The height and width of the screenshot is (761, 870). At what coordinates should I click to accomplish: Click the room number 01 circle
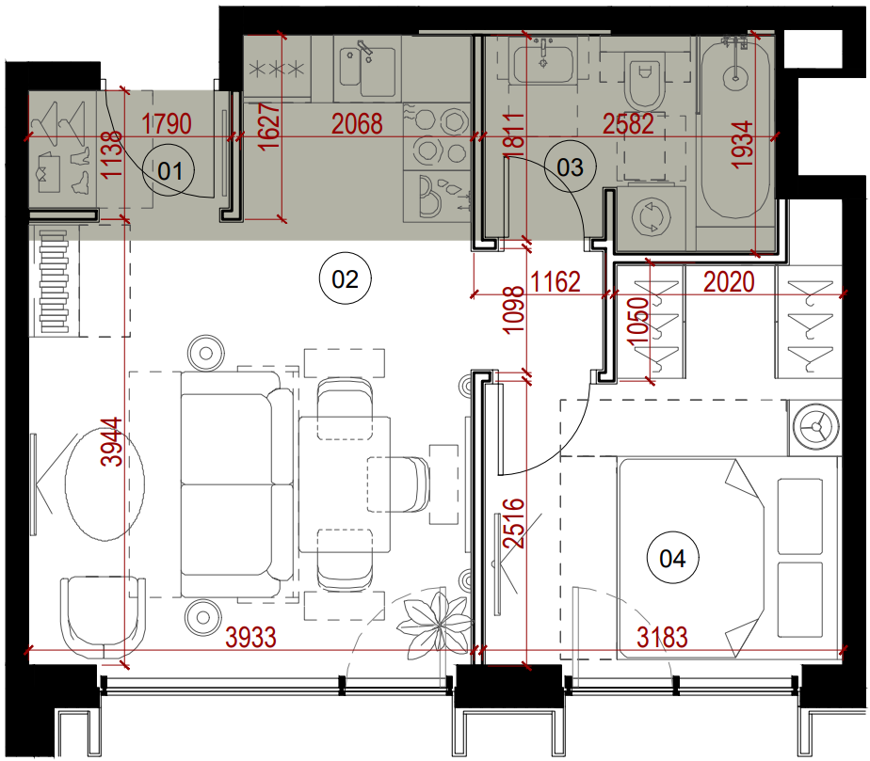169,171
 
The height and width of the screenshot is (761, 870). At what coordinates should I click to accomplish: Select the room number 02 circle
346,278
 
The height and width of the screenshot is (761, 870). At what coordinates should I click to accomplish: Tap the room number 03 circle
570,167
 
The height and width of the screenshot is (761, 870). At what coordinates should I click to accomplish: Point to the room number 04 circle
672,558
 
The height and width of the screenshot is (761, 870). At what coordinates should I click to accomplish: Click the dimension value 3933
250,638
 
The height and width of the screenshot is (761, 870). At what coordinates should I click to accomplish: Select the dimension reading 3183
662,638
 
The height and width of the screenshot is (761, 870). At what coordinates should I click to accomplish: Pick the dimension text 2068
357,123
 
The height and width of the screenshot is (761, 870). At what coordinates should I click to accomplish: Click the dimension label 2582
629,123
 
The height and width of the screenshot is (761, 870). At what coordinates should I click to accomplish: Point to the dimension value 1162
556,281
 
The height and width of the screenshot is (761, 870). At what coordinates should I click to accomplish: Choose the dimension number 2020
729,281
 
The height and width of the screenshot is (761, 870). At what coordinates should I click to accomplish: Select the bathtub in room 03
735,128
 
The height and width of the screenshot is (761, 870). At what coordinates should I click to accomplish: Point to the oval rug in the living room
105,484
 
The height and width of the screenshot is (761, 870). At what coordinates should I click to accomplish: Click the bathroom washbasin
543,64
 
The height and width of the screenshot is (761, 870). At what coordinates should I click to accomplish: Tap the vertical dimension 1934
743,145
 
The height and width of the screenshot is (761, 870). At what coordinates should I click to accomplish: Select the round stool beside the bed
816,427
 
